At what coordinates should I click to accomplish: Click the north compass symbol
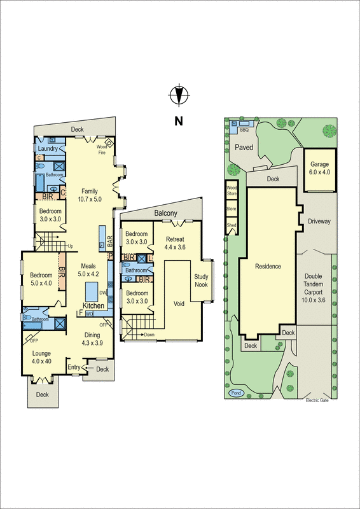pyautogui.click(x=179, y=95)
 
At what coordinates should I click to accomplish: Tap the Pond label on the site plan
pyautogui.click(x=237, y=393)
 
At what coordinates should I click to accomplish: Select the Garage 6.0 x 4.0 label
pyautogui.click(x=320, y=167)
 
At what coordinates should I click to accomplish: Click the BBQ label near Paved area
pyautogui.click(x=244, y=129)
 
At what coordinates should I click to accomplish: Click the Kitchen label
pyautogui.click(x=93, y=306)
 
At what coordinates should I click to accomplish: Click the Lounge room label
pyautogui.click(x=42, y=357)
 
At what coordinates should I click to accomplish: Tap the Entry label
pyautogui.click(x=74, y=367)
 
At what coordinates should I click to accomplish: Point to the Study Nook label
pyautogui.click(x=202, y=280)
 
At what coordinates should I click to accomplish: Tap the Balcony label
pyautogui.click(x=165, y=214)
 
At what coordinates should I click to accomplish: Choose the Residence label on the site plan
pyautogui.click(x=268, y=266)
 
